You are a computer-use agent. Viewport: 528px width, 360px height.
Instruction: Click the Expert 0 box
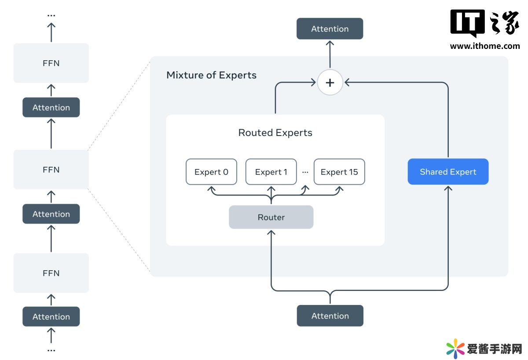(x=211, y=172)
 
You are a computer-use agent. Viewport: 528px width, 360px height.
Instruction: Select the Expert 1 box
(x=271, y=172)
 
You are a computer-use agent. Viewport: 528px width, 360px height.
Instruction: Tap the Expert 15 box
(x=339, y=172)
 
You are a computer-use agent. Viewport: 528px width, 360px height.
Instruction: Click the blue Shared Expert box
(x=448, y=172)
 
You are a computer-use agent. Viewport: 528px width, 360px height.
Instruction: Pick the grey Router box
(x=271, y=217)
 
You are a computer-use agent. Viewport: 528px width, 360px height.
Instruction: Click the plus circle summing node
(x=330, y=82)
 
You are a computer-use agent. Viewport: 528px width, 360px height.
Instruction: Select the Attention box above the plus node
(x=330, y=29)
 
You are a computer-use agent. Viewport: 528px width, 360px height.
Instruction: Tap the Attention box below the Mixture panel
(x=330, y=316)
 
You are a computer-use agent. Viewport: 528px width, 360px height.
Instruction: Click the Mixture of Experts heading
(x=211, y=75)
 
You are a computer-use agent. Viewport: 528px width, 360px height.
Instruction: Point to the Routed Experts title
(x=275, y=132)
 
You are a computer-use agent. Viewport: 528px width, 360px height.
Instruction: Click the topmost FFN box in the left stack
(x=51, y=63)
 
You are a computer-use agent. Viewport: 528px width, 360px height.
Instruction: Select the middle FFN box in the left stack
(x=51, y=169)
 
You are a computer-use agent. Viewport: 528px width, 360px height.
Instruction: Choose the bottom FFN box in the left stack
(x=51, y=273)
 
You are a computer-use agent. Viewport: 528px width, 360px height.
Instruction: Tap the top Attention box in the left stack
(x=51, y=107)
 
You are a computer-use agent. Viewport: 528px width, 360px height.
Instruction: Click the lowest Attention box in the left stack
(x=51, y=316)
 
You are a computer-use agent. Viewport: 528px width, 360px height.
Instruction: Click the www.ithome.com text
(x=485, y=46)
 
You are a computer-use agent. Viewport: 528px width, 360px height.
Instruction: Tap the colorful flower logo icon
(x=455, y=349)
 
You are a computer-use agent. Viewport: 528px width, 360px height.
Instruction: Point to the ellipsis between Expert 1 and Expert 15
(x=305, y=172)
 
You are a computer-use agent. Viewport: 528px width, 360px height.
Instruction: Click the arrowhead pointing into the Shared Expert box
(x=448, y=188)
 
